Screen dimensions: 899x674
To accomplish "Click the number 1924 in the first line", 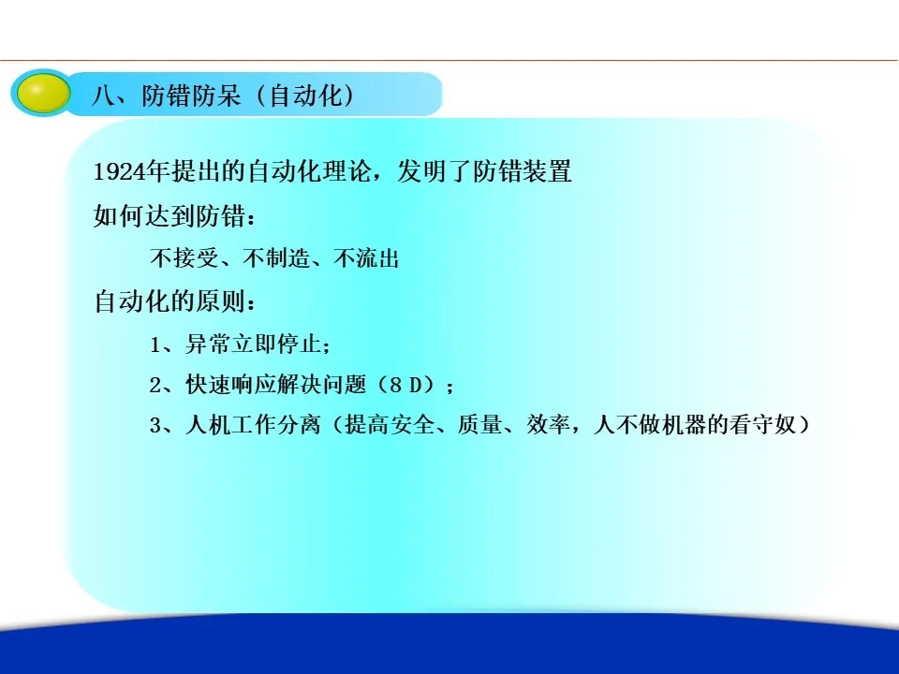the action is (x=119, y=171).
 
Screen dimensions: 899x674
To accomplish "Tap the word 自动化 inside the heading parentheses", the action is (x=305, y=95).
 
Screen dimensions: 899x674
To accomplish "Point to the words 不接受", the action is (x=184, y=258).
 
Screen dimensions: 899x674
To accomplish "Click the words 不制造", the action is (x=275, y=258).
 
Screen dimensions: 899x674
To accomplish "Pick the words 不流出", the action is (x=366, y=258).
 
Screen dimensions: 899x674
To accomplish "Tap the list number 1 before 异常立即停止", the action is (x=155, y=344).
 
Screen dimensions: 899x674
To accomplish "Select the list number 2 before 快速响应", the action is (x=156, y=385).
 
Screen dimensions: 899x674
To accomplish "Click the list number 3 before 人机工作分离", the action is (x=156, y=425).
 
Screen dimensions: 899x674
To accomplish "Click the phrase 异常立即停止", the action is (x=253, y=344).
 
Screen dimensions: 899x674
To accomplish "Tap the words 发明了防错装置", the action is (x=484, y=171).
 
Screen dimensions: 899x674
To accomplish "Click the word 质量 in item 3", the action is (x=479, y=425).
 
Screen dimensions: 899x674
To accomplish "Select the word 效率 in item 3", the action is (x=549, y=425).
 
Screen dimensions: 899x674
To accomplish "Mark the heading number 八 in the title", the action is (x=103, y=95).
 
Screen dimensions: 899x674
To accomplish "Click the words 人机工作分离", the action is (x=253, y=425).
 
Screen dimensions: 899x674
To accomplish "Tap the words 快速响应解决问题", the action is (x=275, y=385).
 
